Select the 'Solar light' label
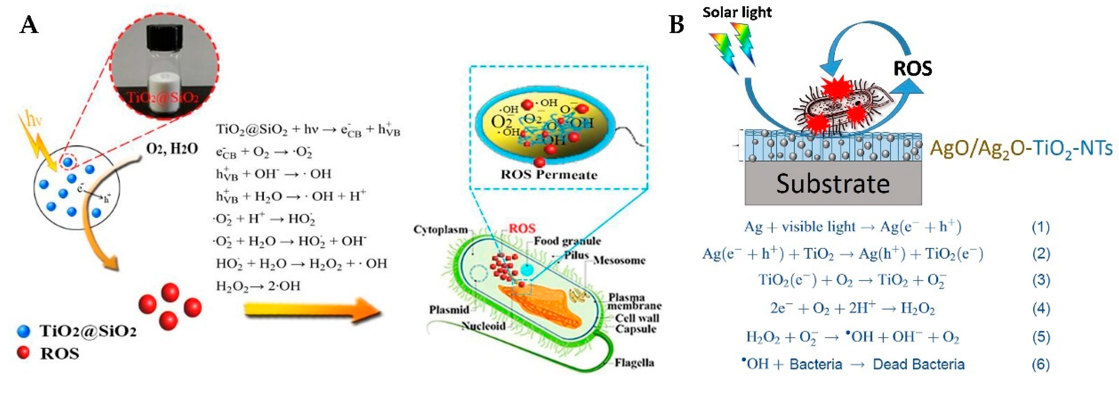tap(737, 12)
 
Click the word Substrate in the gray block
tap(833, 183)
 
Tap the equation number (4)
tap(1041, 308)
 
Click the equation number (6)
tap(1041, 364)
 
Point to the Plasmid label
tap(449, 310)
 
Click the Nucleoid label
tap(483, 326)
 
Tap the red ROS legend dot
tap(23, 353)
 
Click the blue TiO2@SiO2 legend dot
tap(23, 332)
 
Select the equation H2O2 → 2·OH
tap(258, 286)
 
